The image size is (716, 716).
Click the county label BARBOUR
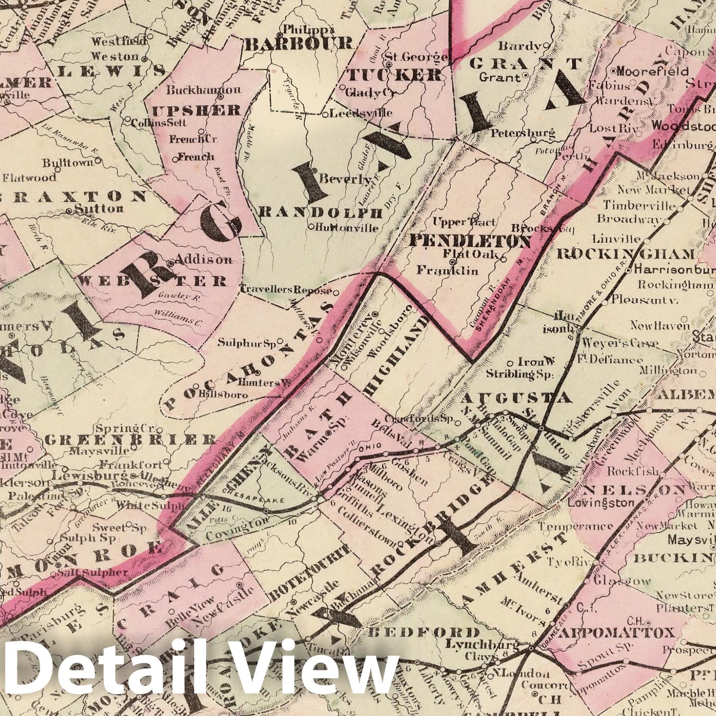(x=298, y=44)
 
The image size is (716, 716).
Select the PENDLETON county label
(x=469, y=242)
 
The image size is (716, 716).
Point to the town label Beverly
(x=346, y=180)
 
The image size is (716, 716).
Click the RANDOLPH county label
(x=321, y=213)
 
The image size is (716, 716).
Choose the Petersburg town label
(x=523, y=133)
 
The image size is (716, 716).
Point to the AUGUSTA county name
(x=517, y=398)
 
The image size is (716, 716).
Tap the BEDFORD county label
(x=423, y=632)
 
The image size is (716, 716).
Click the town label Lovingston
(x=601, y=503)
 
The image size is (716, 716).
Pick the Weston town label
(x=115, y=57)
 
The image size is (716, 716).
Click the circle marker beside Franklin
(x=453, y=262)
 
